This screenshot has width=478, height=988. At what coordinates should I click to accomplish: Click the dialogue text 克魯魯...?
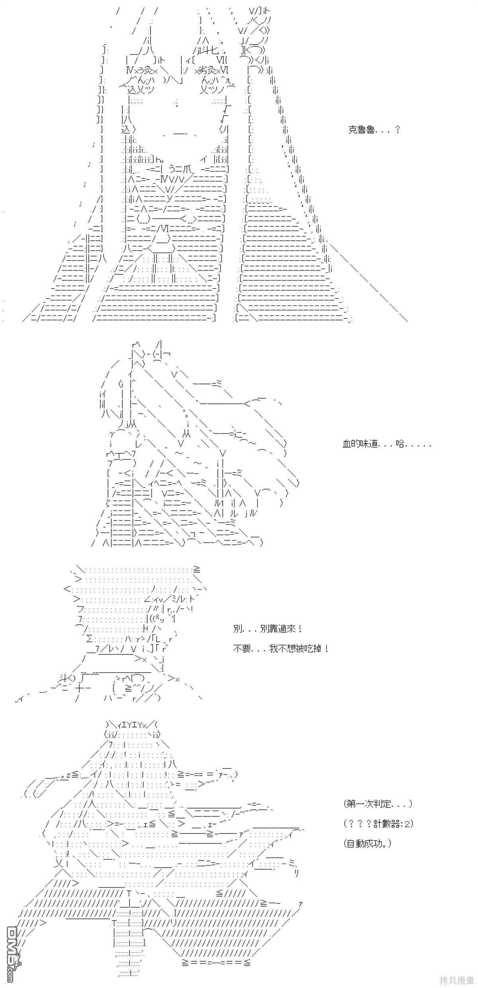pos(374,130)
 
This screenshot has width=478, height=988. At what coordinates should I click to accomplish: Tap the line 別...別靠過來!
pos(268,629)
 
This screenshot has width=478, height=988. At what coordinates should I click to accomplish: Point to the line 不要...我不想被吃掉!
pos(281,649)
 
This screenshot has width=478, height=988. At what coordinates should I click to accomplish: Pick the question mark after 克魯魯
pos(396,130)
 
